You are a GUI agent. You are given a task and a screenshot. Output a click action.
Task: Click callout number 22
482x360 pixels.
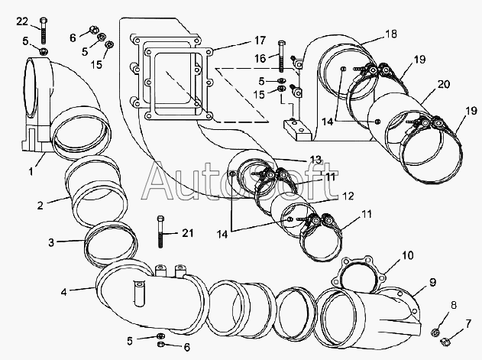click(22, 21)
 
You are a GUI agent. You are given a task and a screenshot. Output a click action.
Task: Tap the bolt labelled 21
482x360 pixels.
click(160, 232)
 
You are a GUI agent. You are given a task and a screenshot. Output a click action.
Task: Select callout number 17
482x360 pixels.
click(260, 41)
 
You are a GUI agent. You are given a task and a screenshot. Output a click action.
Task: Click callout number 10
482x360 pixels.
click(408, 255)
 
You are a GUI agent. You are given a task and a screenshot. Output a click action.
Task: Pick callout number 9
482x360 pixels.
click(433, 282)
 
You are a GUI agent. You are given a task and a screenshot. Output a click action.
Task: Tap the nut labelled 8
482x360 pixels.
click(435, 332)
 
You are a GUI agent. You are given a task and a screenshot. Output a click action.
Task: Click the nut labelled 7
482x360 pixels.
click(445, 341)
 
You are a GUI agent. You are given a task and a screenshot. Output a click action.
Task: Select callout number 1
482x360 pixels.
click(31, 171)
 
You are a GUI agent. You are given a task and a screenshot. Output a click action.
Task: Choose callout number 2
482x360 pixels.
click(40, 206)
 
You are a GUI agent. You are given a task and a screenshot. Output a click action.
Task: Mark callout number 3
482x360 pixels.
click(51, 242)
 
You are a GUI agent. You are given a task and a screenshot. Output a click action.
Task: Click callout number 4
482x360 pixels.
click(63, 292)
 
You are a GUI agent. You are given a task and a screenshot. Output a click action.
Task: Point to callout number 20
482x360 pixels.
click(444, 84)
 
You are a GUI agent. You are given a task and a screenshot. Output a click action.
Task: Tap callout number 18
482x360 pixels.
click(391, 34)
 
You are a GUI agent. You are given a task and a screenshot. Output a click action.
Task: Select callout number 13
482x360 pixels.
click(315, 160)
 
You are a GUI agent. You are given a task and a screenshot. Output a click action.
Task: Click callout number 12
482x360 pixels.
click(348, 196)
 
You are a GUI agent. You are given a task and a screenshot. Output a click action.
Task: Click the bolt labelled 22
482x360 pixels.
click(44, 31)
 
